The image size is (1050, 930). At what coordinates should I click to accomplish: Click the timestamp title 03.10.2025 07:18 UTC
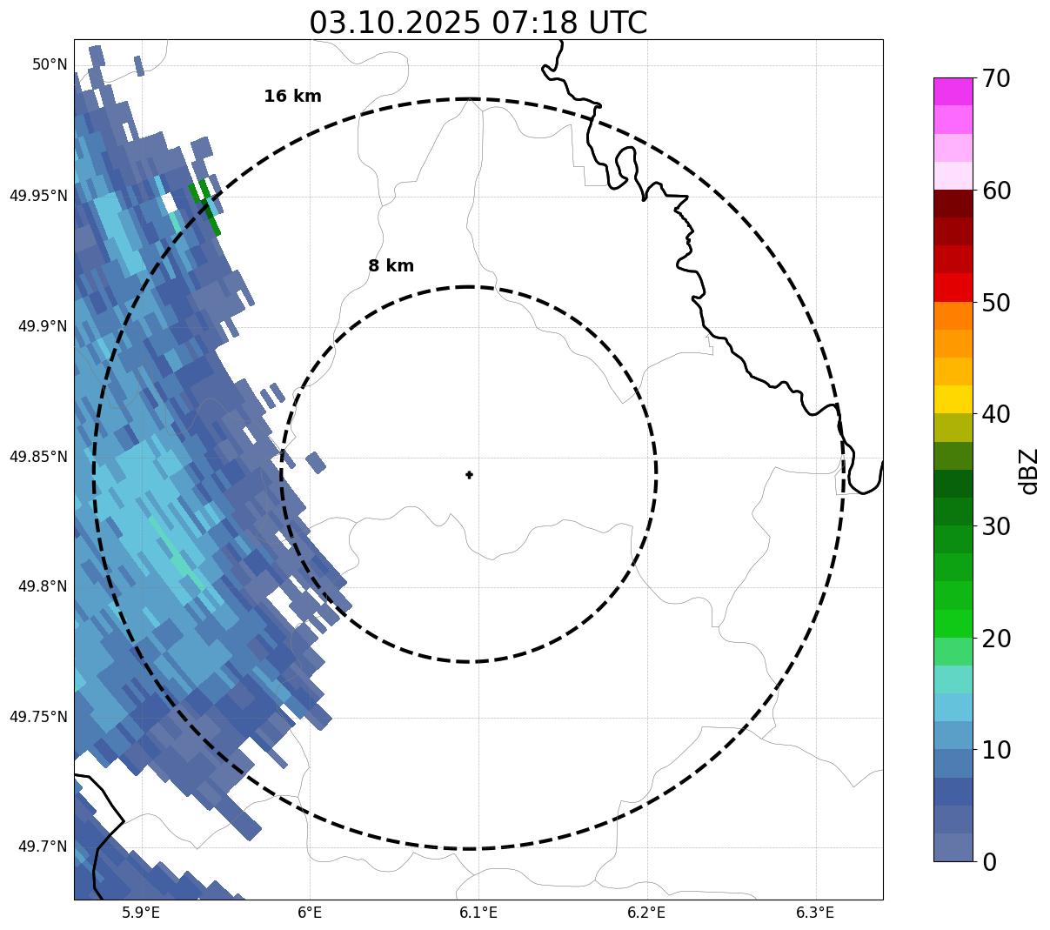click(x=478, y=23)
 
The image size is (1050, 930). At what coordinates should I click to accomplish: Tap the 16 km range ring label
click(x=292, y=97)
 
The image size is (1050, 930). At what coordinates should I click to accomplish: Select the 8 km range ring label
click(x=391, y=266)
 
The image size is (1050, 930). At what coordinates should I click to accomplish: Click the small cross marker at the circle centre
click(x=470, y=475)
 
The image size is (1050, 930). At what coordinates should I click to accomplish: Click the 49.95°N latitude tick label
click(x=38, y=196)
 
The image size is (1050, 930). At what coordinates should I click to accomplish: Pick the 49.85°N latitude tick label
click(x=38, y=457)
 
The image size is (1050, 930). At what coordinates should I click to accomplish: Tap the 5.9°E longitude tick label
click(x=141, y=913)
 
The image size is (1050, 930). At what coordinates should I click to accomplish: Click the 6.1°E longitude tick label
click(x=478, y=913)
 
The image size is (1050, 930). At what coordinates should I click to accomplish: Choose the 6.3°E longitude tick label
click(x=815, y=913)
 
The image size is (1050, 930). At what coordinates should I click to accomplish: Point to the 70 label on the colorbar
click(x=996, y=79)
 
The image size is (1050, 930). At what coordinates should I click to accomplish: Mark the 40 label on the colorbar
click(x=996, y=415)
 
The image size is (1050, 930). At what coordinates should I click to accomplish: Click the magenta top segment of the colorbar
click(x=953, y=91)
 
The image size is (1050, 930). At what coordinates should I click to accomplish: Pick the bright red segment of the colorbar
click(x=953, y=287)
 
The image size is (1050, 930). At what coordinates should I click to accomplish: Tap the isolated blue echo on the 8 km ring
click(x=316, y=463)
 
